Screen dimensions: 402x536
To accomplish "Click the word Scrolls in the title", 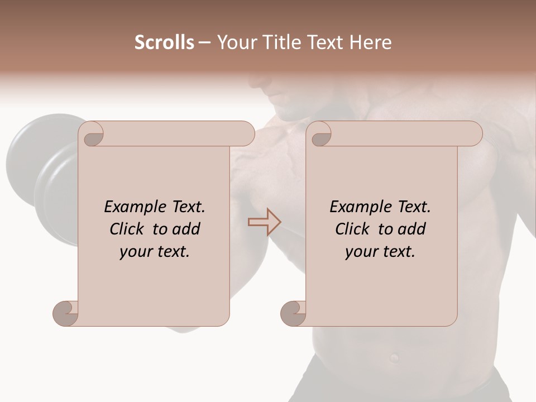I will pos(164,42).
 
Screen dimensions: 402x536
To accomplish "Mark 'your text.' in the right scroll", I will pos(380,251).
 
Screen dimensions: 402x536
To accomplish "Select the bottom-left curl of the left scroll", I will pos(66,313).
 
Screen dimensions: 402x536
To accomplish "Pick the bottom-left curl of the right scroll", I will pos(294,313).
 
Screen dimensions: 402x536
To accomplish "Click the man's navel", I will pos(395,356).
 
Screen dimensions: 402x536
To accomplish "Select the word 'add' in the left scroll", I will pos(187,229).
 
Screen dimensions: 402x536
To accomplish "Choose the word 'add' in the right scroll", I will pos(413,229).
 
